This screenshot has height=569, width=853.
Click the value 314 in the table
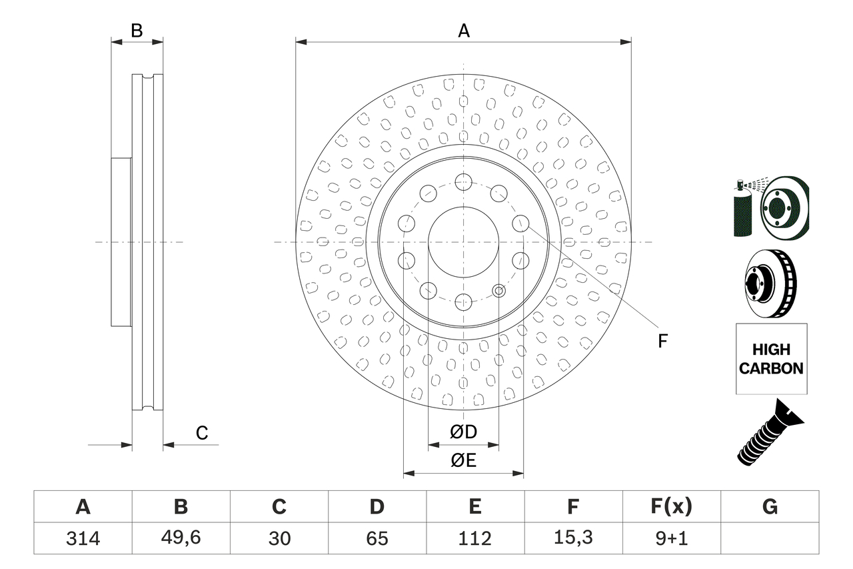(x=83, y=538)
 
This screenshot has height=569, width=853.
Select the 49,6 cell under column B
(x=181, y=538)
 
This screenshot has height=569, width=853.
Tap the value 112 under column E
(x=474, y=538)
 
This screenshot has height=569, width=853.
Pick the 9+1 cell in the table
(x=671, y=538)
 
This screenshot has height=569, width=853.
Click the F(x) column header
(x=671, y=507)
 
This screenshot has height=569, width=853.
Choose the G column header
(x=770, y=507)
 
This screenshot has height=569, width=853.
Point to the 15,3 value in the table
(x=572, y=538)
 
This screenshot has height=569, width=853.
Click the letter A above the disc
(x=463, y=31)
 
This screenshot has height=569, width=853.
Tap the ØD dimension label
(x=463, y=432)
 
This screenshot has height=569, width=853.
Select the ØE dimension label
(x=463, y=461)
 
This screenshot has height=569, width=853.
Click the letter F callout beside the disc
(x=662, y=342)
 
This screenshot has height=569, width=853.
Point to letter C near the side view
(x=202, y=433)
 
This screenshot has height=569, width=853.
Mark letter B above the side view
(x=137, y=31)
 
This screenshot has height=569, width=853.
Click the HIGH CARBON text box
(x=771, y=359)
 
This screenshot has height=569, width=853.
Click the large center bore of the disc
(x=463, y=241)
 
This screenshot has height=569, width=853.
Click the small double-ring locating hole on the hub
(x=498, y=290)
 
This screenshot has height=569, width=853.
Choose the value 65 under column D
(x=377, y=538)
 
